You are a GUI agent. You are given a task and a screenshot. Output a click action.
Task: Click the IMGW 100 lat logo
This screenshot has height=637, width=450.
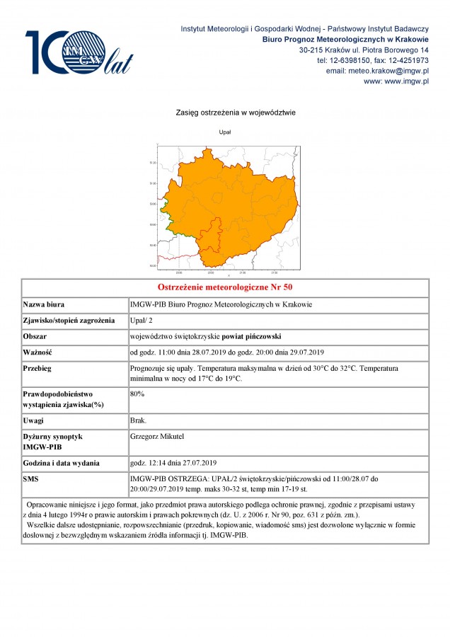coord(78,53)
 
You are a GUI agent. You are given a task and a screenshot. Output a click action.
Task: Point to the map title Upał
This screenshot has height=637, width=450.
coord(225,132)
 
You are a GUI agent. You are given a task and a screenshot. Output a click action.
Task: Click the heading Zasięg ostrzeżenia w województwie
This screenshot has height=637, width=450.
coord(225,113)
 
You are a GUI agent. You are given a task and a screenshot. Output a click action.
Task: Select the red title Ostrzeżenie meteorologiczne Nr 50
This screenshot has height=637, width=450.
coord(224,287)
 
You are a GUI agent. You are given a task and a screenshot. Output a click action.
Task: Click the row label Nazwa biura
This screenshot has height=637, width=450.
coord(45,304)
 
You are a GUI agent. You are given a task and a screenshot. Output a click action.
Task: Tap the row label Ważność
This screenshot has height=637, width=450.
coord(38,352)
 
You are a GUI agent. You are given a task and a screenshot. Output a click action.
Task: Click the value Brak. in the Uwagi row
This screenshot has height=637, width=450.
coord(139,420)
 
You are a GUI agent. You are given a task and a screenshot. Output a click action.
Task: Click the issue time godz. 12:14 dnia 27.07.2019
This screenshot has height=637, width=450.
coord(173,463)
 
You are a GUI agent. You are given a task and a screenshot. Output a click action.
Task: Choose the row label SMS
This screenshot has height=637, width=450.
coord(33,479)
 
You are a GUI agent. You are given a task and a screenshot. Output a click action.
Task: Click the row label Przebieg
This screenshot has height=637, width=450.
coord(37,369)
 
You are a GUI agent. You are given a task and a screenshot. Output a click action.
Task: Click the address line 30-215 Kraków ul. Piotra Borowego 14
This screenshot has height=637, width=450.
coord(364,50)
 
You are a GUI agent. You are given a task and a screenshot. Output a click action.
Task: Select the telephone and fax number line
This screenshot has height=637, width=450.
coord(372,61)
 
